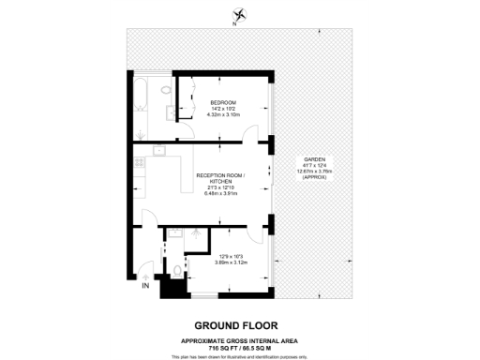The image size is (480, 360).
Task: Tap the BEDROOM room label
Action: (223, 101)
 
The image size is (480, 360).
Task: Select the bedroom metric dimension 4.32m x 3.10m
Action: (223, 114)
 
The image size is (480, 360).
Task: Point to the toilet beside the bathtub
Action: (165, 90)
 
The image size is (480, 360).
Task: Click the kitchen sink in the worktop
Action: (159, 150)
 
